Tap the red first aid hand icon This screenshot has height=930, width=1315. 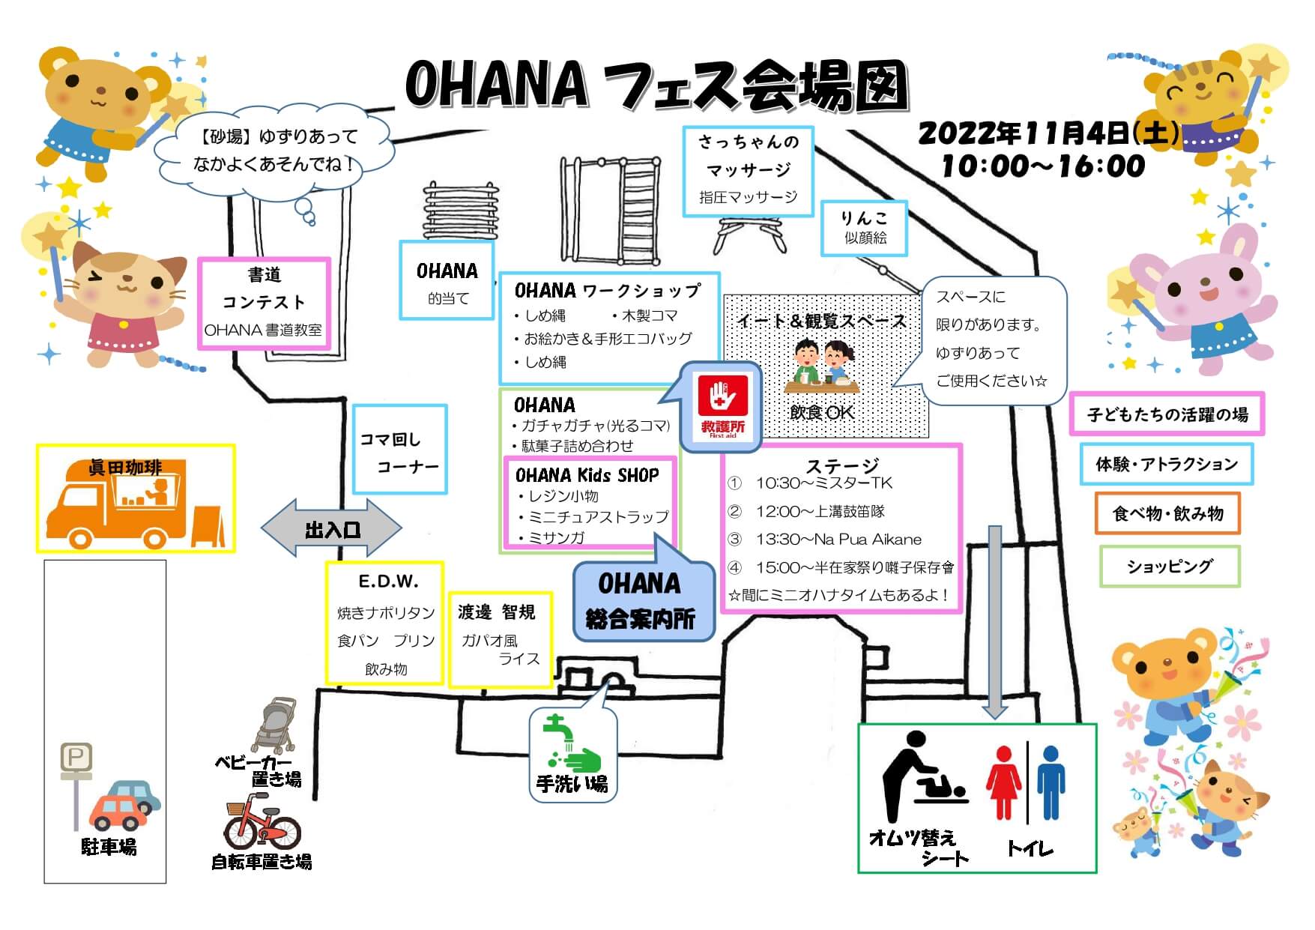click(722, 396)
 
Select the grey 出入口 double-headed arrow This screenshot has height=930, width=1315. click(331, 529)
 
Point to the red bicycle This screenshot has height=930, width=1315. click(262, 827)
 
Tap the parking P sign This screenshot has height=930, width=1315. click(76, 758)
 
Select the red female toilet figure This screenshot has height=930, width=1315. click(1003, 782)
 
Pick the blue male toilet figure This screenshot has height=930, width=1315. click(1051, 782)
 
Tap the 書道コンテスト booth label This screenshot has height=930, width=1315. click(264, 303)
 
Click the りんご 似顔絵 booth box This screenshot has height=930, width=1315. click(864, 228)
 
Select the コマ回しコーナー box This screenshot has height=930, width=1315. click(399, 450)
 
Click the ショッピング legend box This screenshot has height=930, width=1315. click(1169, 567)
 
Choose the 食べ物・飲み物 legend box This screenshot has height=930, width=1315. click(1167, 513)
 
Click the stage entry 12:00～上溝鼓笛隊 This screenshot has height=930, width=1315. click(820, 511)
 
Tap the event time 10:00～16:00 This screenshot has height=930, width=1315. click(1042, 166)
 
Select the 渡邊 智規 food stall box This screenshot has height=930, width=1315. click(500, 639)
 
